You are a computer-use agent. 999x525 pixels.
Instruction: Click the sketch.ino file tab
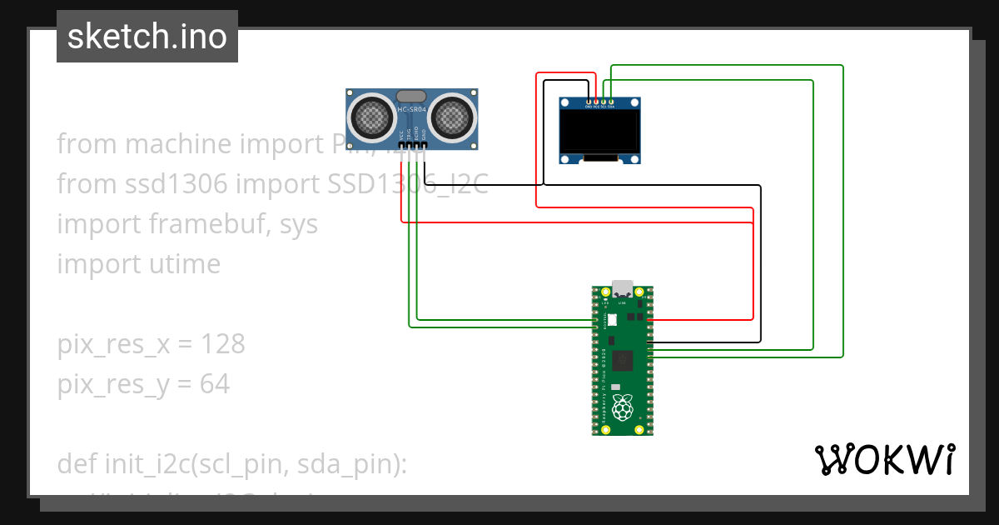147,37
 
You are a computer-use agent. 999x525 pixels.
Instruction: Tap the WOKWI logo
884,459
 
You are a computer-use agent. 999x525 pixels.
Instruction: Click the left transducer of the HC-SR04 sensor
371,117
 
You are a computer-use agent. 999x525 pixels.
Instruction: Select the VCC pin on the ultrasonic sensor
401,143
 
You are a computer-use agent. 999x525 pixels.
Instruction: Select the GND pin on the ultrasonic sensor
425,143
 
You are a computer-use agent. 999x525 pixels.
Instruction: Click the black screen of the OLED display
601,132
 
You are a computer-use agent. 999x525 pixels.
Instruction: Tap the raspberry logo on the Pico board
621,408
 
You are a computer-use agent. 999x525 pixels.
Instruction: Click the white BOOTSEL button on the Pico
613,319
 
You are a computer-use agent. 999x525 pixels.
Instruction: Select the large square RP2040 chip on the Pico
621,360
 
